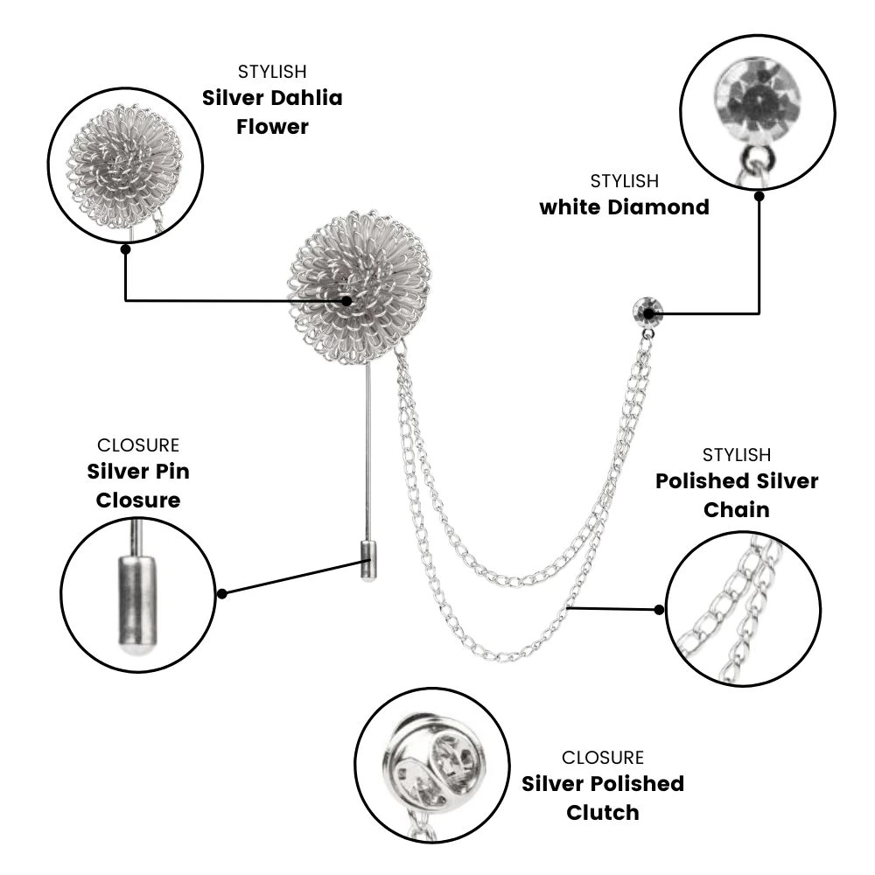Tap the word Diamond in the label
(659, 207)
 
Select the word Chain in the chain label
(737, 509)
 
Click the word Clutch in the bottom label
(603, 813)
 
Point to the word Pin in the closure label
(172, 472)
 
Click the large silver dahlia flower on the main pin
(360, 287)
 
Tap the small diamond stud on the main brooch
(647, 311)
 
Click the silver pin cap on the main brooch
(367, 561)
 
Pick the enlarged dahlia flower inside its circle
(124, 167)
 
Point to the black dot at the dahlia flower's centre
(346, 301)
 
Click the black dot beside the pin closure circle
(222, 594)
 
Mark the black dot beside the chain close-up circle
(659, 609)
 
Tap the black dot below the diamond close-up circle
(759, 196)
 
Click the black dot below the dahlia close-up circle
(125, 248)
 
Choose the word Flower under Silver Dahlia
(272, 127)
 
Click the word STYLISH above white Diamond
(625, 181)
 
